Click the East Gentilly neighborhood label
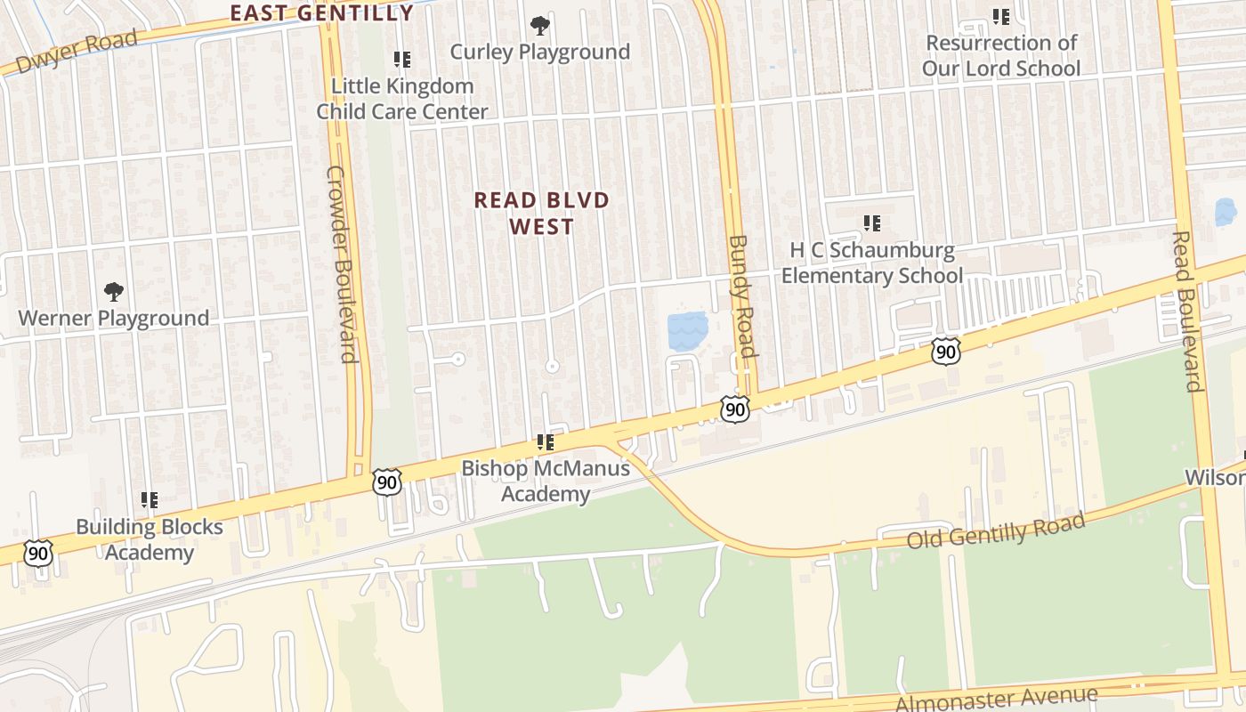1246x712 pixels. [322, 12]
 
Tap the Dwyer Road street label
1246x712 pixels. [77, 52]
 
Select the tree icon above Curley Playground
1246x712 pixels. [539, 25]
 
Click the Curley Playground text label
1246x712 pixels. [539, 52]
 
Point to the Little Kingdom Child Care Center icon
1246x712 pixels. [402, 60]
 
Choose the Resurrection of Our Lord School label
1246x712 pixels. [1001, 55]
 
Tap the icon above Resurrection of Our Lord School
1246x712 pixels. [1001, 16]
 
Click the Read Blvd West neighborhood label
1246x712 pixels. [541, 213]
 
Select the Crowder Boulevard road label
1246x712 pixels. [342, 263]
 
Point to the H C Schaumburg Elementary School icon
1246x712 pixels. [872, 222]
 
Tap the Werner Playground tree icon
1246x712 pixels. [114, 291]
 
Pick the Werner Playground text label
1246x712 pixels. [114, 318]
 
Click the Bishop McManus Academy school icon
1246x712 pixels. [546, 441]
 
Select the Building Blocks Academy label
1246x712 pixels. [150, 539]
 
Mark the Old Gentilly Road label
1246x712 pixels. [996, 531]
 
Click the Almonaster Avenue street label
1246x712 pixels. [996, 699]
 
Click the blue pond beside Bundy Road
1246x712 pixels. [687, 330]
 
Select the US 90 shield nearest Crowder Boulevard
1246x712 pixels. [387, 481]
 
